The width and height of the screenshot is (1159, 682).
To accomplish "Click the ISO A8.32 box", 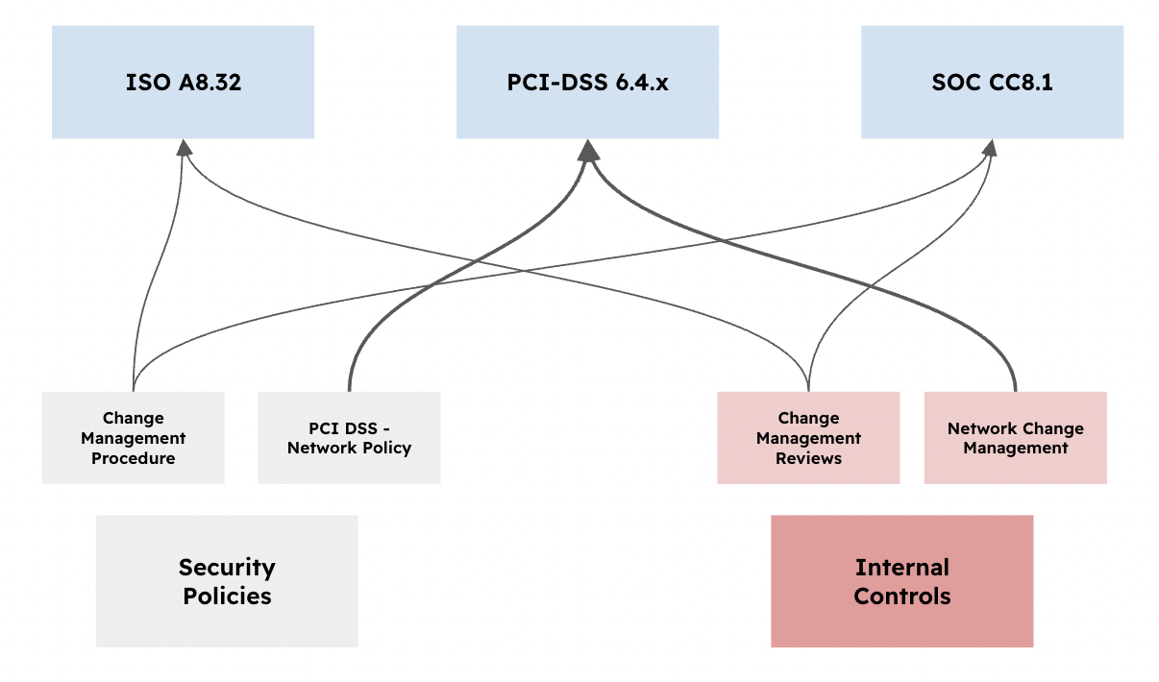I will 183,83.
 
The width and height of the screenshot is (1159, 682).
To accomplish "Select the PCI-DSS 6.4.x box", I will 587,83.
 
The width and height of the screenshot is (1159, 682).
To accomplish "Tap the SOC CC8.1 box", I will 992,83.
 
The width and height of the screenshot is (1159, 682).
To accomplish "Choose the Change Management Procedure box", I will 134,438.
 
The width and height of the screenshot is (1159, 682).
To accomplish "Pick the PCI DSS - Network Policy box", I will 349,438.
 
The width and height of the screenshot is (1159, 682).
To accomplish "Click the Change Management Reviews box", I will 808,438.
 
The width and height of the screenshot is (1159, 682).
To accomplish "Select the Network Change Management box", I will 1015,438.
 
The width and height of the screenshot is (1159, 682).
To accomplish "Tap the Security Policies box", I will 227,581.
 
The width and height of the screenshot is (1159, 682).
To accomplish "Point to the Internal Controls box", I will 901,581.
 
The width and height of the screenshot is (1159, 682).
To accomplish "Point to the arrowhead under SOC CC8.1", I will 990,147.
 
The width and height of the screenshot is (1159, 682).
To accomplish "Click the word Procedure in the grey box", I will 134,458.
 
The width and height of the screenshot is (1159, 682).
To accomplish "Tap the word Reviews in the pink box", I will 808,458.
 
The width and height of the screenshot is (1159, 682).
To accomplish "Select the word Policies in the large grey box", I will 227,596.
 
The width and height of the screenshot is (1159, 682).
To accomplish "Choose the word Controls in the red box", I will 901,596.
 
